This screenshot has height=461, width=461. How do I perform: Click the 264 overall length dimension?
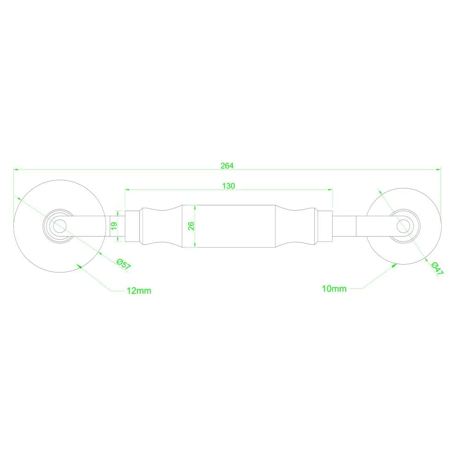click(227, 166)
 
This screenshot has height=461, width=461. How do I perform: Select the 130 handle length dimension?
click(229, 186)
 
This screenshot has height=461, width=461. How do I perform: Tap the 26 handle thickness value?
click(191, 226)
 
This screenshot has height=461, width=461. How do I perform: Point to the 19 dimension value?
click(114, 226)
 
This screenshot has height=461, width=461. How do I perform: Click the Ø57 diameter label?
click(124, 264)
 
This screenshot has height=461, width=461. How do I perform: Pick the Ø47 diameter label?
click(437, 268)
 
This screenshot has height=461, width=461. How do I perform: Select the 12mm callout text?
click(139, 291)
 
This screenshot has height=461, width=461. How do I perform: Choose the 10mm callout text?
click(334, 289)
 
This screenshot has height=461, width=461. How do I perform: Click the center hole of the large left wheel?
click(59, 226)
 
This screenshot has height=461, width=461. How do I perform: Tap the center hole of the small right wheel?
click(403, 226)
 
